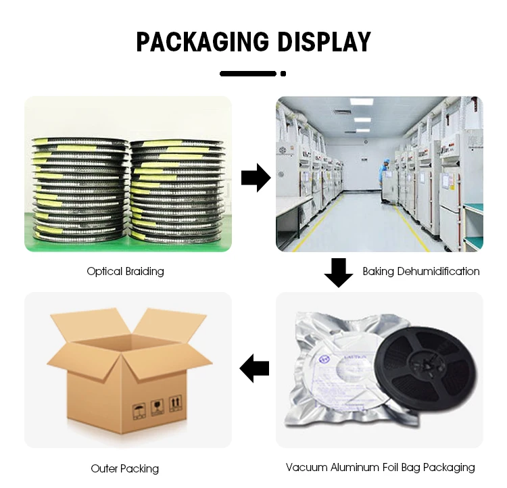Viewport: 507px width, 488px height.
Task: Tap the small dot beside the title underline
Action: pyautogui.click(x=283, y=73)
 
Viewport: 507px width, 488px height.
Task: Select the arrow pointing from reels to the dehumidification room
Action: pyautogui.click(x=255, y=178)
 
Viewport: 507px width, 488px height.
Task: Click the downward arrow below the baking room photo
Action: pyautogui.click(x=338, y=272)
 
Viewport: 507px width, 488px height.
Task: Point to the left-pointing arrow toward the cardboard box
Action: pyautogui.click(x=255, y=368)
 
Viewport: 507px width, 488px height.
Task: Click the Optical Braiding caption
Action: pyautogui.click(x=125, y=272)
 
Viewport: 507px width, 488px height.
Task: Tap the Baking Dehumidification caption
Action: pyautogui.click(x=420, y=272)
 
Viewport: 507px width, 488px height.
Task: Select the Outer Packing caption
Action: pyautogui.click(x=125, y=468)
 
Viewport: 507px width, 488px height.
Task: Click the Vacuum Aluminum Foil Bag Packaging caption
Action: pyautogui.click(x=380, y=467)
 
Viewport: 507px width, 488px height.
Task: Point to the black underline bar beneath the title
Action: pyautogui.click(x=248, y=73)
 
